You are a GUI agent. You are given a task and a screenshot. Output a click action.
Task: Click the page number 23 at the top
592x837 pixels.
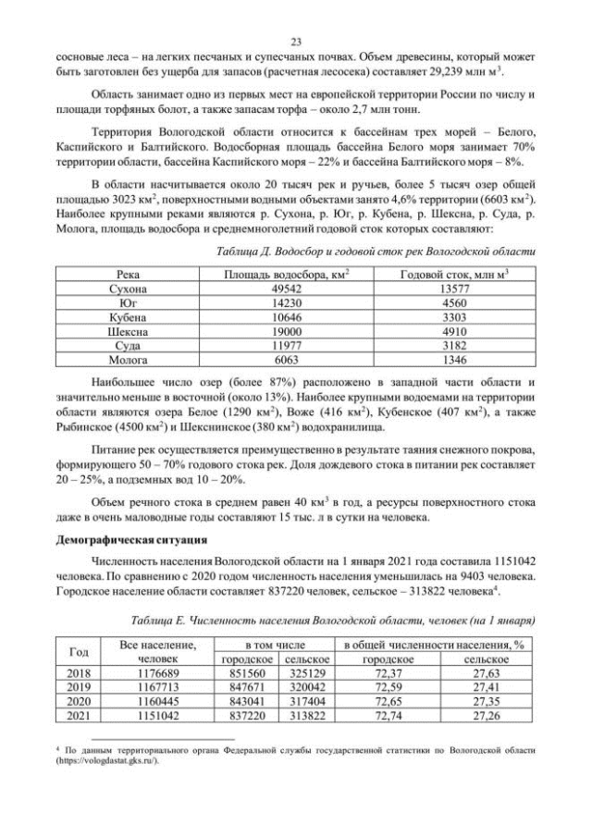(x=296, y=42)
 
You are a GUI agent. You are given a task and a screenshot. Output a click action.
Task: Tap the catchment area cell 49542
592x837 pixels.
(x=286, y=289)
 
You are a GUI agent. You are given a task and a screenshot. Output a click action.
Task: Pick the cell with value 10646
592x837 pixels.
(x=286, y=317)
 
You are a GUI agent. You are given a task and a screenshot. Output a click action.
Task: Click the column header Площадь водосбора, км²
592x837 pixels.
(x=286, y=275)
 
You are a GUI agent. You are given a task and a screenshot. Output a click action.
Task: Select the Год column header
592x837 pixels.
(x=80, y=651)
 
